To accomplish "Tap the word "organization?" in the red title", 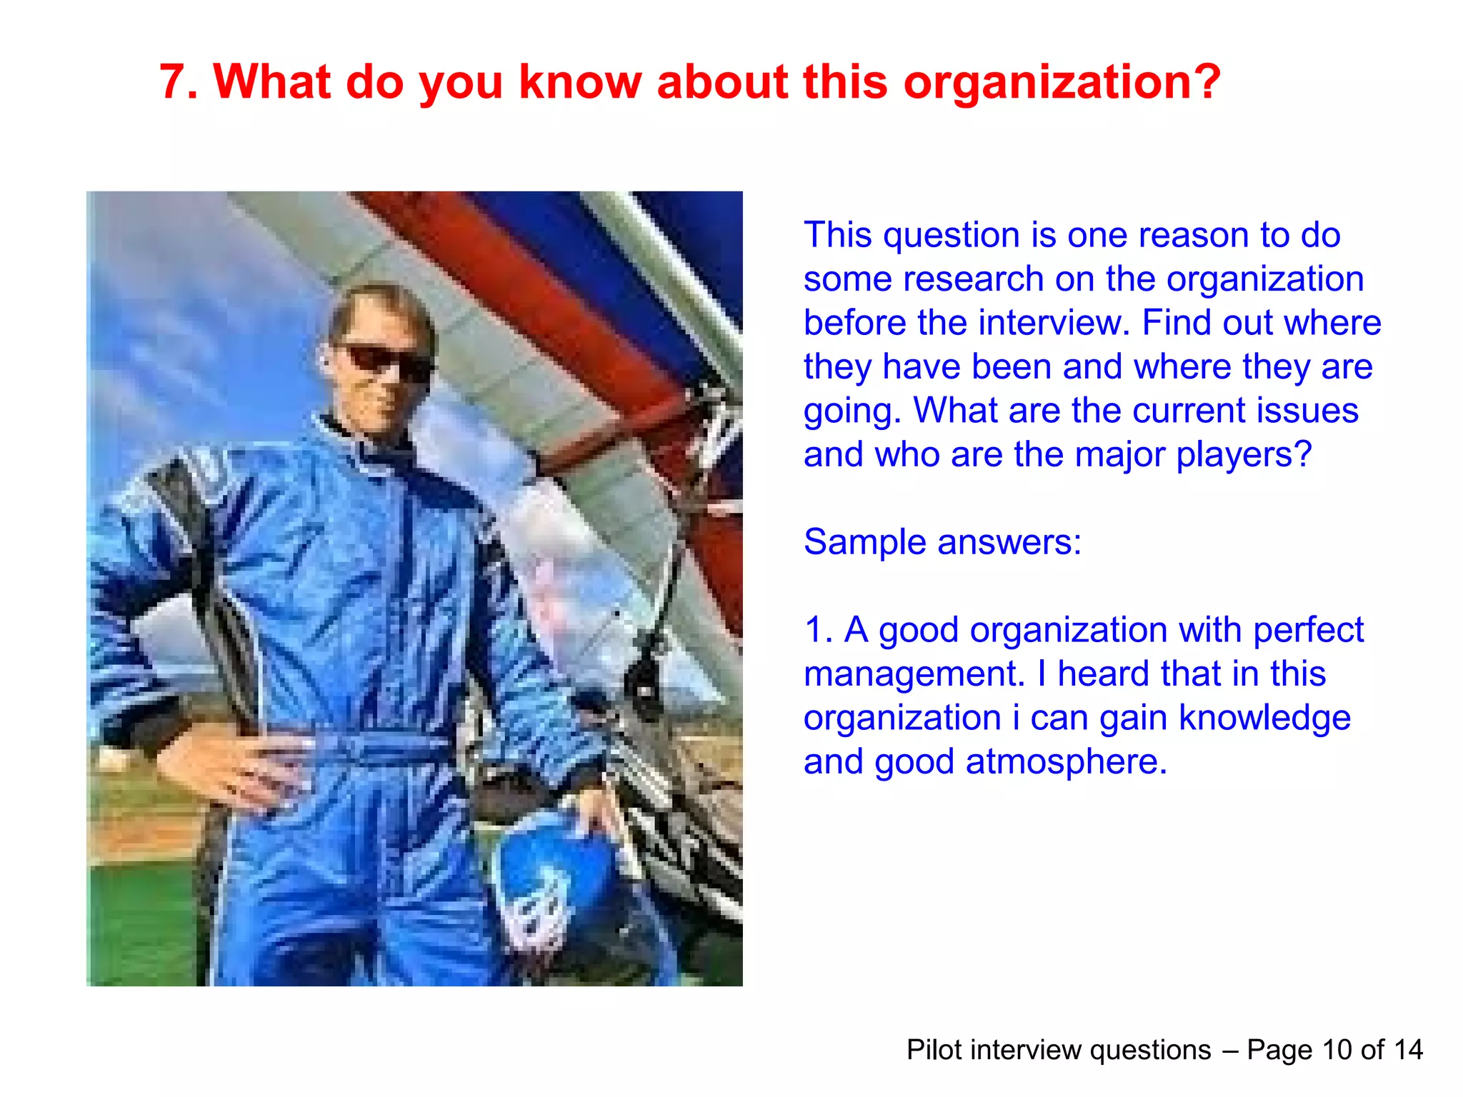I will point(1062,83).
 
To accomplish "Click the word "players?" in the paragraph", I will point(1244,455).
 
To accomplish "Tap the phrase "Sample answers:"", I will point(942,542).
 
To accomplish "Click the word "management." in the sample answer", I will point(914,674).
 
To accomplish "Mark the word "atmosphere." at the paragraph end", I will point(1066,761).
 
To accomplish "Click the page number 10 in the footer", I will point(1337,1050).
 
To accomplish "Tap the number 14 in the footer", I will point(1408,1050).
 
